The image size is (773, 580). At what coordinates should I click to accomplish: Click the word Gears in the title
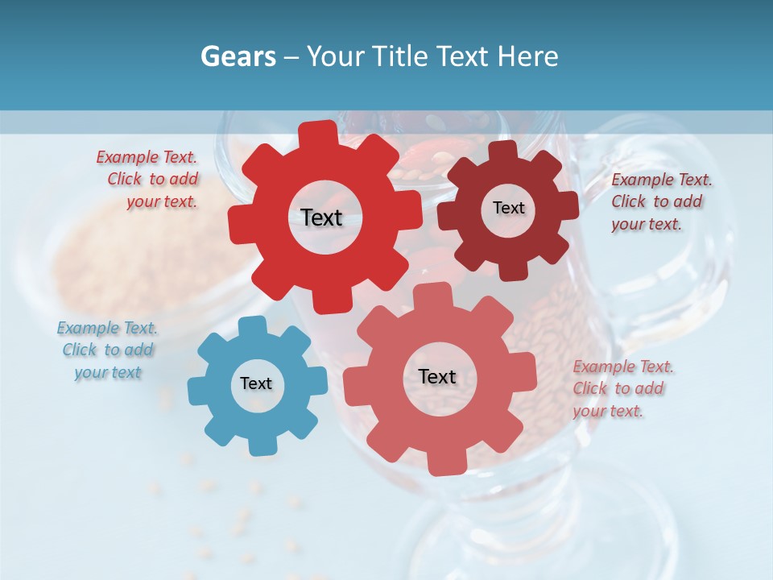tap(238, 56)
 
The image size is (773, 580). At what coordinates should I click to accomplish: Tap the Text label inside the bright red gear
tap(321, 217)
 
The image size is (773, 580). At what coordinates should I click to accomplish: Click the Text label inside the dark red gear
tap(508, 208)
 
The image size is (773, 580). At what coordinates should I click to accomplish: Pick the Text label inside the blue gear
tap(256, 383)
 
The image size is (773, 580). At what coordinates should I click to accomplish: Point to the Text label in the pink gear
tap(437, 376)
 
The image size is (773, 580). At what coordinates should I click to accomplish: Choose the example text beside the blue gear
tap(107, 350)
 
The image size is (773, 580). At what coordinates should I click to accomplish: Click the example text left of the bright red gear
tap(149, 180)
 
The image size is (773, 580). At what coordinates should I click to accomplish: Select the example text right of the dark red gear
tap(660, 202)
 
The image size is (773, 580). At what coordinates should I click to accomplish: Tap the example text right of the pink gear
tap(622, 388)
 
